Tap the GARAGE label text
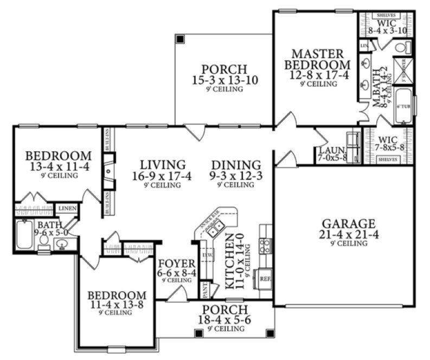tap(348, 223)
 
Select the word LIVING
tap(162, 164)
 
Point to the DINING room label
tap(236, 164)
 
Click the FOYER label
tap(174, 264)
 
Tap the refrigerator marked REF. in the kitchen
tap(265, 279)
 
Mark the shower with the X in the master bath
tap(403, 69)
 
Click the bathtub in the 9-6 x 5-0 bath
tap(24, 234)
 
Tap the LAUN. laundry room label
tap(329, 149)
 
